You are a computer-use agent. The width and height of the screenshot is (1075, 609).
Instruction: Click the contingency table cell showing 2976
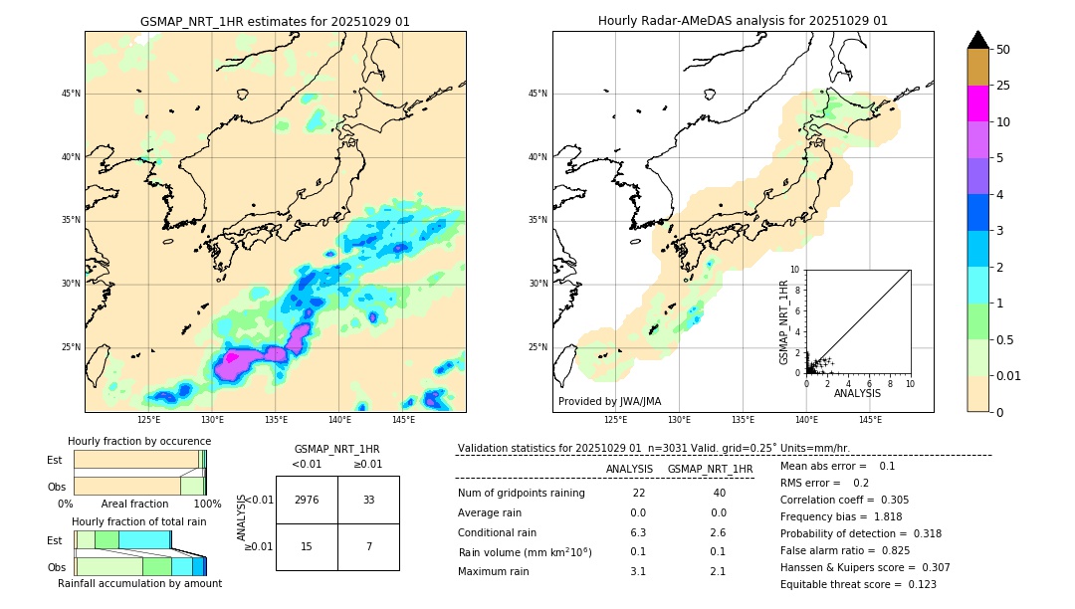(x=307, y=500)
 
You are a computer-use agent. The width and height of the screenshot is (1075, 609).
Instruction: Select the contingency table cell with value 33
(x=368, y=500)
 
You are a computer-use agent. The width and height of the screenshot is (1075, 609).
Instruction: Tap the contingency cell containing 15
(x=307, y=545)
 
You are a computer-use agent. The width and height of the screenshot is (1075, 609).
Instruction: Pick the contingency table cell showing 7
(x=368, y=545)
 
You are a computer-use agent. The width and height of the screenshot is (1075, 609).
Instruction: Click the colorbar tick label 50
(x=1003, y=50)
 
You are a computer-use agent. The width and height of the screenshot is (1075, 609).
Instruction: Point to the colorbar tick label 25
(x=1003, y=86)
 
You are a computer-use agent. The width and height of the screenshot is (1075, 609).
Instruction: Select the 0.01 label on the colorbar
(x=1009, y=375)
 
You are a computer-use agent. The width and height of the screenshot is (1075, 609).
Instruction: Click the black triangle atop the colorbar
(x=978, y=40)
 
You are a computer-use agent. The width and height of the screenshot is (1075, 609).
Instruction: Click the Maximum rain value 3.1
(x=638, y=571)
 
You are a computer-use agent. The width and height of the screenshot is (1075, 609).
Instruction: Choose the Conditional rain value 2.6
(x=718, y=533)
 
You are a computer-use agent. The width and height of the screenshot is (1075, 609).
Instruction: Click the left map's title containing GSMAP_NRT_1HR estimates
(x=275, y=21)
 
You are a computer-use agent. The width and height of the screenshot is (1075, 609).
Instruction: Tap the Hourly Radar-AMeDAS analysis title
(x=743, y=21)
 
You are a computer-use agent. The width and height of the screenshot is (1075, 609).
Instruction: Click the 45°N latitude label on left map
(x=71, y=94)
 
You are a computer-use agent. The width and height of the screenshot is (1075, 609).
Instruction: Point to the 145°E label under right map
(x=870, y=420)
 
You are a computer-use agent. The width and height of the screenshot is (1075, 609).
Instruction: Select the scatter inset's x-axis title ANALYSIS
(x=857, y=394)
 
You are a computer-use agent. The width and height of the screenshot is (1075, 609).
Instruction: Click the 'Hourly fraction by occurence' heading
(x=139, y=441)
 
